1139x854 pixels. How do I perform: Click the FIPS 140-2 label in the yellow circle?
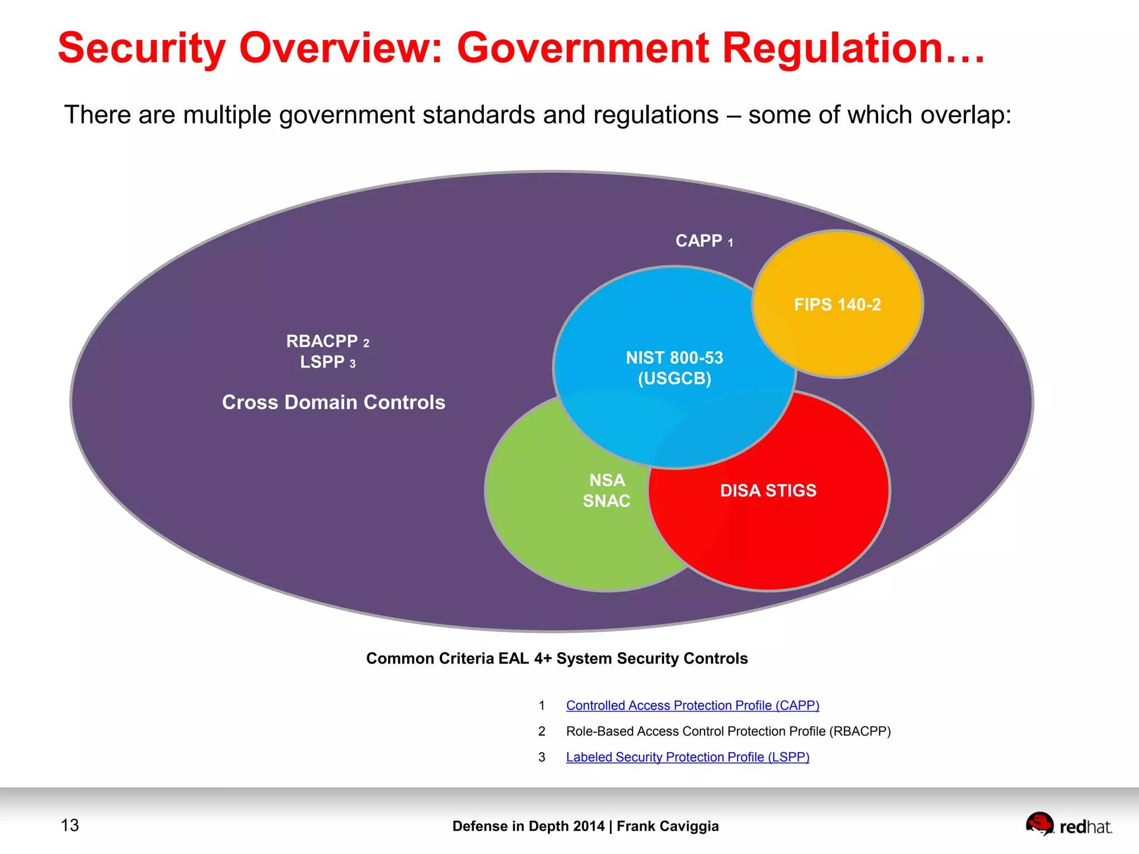pyautogui.click(x=837, y=305)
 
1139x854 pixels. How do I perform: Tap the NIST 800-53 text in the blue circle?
pyautogui.click(x=674, y=358)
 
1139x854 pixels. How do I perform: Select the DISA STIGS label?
pyautogui.click(x=768, y=490)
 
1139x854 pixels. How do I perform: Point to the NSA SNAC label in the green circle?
pyautogui.click(x=606, y=490)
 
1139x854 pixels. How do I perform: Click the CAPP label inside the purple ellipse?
pyautogui.click(x=699, y=241)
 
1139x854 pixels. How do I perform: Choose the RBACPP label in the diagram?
pyautogui.click(x=322, y=341)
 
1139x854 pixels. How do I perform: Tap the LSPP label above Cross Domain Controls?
pyautogui.click(x=323, y=362)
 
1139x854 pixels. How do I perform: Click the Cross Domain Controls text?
pyautogui.click(x=334, y=402)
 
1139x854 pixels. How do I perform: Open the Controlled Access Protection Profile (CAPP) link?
pyautogui.click(x=692, y=705)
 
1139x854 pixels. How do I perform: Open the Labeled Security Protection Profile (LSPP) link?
pyautogui.click(x=687, y=757)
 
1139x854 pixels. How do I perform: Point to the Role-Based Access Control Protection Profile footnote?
pyautogui.click(x=728, y=731)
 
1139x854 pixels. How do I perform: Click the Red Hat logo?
pyautogui.click(x=1068, y=825)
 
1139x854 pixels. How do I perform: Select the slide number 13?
pyautogui.click(x=70, y=825)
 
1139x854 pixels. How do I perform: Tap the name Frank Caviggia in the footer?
pyautogui.click(x=667, y=826)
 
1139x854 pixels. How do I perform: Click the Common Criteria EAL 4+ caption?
pyautogui.click(x=557, y=658)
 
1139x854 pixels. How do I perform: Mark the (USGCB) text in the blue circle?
pyautogui.click(x=674, y=379)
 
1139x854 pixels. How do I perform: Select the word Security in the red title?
pyautogui.click(x=142, y=48)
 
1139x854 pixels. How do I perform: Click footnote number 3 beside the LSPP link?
pyautogui.click(x=542, y=757)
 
